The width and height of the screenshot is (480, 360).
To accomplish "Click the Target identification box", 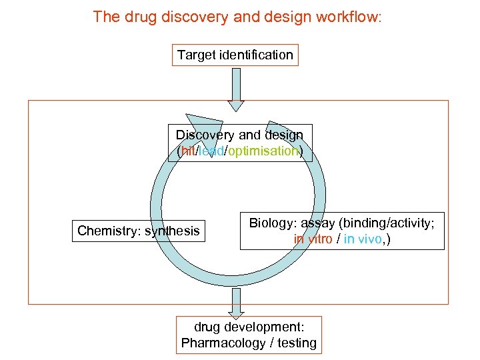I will [235, 55].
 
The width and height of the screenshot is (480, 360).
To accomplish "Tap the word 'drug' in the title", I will [135, 17].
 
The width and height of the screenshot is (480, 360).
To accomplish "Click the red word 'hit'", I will [187, 151].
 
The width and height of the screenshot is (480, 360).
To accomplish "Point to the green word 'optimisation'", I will [263, 151].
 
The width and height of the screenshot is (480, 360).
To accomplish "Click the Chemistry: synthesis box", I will [139, 231].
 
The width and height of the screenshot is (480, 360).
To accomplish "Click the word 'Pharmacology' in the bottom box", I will [221, 343].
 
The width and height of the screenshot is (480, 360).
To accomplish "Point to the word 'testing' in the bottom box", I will [297, 343].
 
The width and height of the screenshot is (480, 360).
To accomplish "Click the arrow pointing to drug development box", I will [236, 302].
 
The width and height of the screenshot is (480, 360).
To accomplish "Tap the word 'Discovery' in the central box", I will [205, 135].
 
